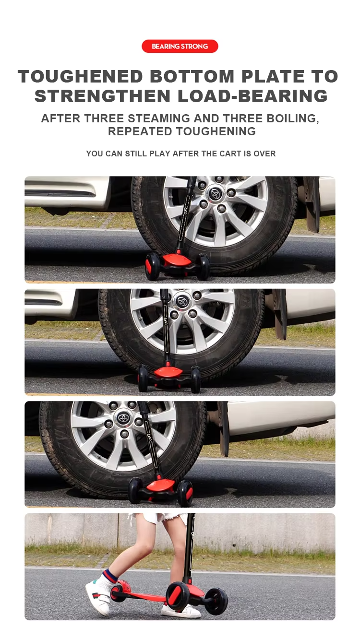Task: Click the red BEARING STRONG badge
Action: [x=180, y=46]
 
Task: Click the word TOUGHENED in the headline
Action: [x=80, y=76]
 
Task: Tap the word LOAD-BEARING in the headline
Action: [x=252, y=96]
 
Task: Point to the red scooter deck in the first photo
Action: [x=177, y=260]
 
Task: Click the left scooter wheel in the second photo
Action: [x=143, y=379]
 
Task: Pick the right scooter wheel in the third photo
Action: [x=185, y=493]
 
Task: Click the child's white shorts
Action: [x=156, y=518]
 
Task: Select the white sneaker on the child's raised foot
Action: [x=99, y=593]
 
